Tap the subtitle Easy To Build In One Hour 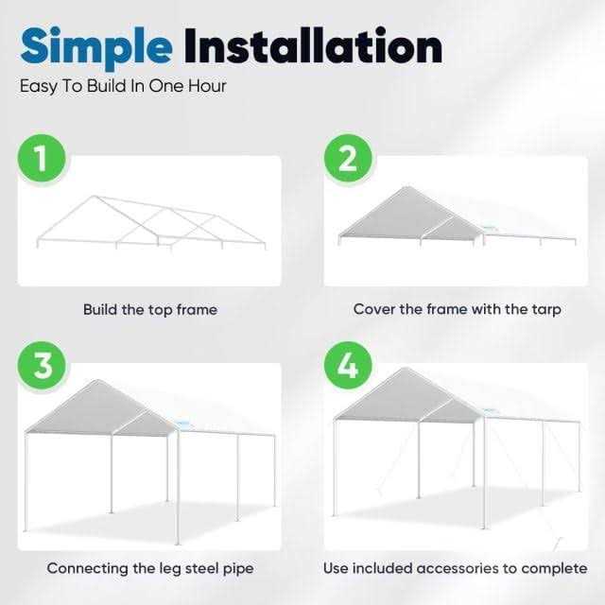point(123,85)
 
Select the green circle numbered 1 point(40,160)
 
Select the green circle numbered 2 point(348,160)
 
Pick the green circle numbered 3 point(40,365)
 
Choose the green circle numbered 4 point(348,365)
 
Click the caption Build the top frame point(149,309)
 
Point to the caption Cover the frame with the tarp point(458,309)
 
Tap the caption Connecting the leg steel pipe point(149,568)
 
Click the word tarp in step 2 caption point(545,309)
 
